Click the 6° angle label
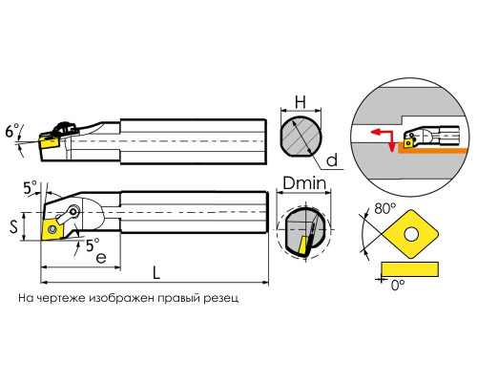(x=12, y=131)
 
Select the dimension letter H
(x=301, y=102)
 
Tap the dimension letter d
(x=332, y=160)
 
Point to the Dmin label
(x=304, y=183)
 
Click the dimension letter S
(x=13, y=226)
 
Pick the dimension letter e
(x=101, y=258)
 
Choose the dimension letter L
(x=156, y=273)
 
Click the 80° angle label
(x=385, y=209)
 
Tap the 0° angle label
(x=398, y=285)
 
